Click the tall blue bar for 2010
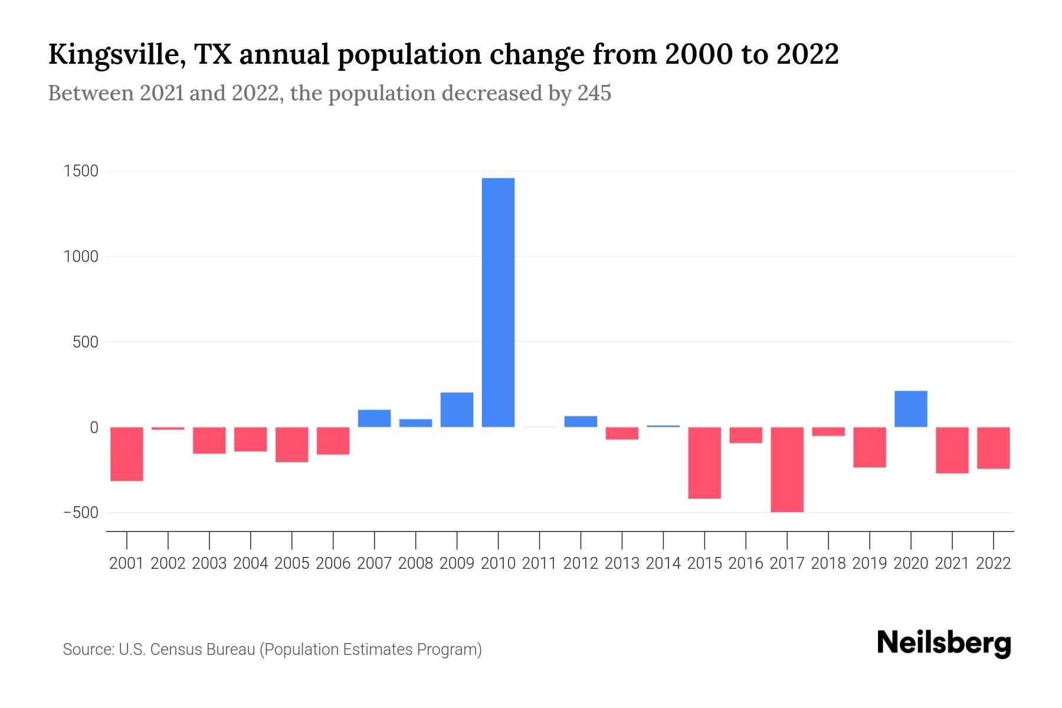click(x=498, y=302)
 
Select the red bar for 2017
click(x=787, y=470)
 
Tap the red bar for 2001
click(x=127, y=454)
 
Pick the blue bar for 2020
click(x=911, y=409)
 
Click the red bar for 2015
click(x=704, y=463)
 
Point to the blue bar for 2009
click(x=457, y=409)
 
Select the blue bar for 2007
click(x=374, y=418)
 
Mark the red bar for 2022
click(x=994, y=448)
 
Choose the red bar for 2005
click(x=292, y=444)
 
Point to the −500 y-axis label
click(x=81, y=513)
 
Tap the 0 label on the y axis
click(x=93, y=428)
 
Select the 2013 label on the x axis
click(x=622, y=563)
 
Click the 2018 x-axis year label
click(x=828, y=563)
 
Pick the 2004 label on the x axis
click(x=251, y=563)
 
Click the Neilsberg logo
click(x=944, y=643)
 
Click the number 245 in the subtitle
click(x=594, y=93)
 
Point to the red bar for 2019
click(x=870, y=447)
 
